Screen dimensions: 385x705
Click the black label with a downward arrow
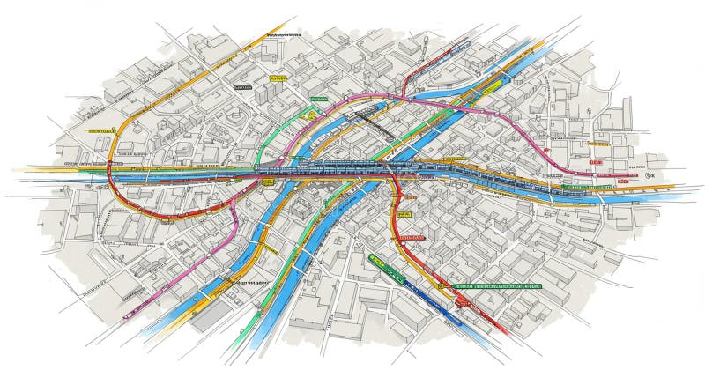point(240,89)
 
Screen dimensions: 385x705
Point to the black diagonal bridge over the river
point(370,124)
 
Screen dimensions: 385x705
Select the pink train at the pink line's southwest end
point(132,307)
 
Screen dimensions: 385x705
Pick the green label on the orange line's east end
point(589,187)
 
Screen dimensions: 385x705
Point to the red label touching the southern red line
point(411,237)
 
